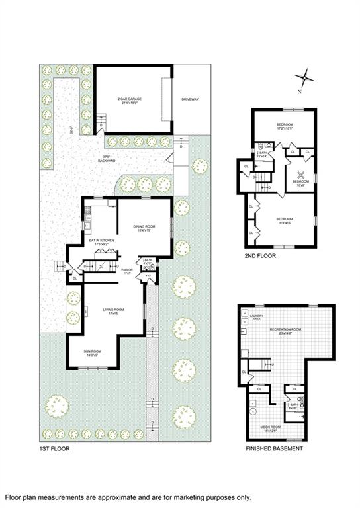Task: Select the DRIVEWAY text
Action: (x=191, y=99)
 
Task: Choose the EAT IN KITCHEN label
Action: (x=101, y=242)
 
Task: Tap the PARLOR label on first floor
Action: (x=127, y=271)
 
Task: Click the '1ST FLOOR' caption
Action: (x=54, y=448)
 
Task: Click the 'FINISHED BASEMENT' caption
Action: (x=275, y=448)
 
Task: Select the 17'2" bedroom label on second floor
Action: (x=285, y=126)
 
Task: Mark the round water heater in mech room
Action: (x=252, y=411)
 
